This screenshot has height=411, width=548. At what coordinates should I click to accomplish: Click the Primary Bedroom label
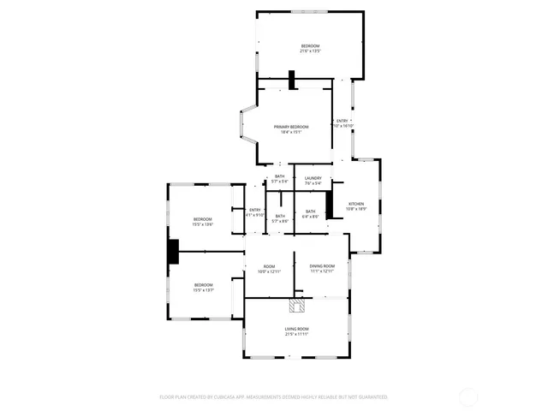291,127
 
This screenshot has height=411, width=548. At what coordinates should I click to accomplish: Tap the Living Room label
296,329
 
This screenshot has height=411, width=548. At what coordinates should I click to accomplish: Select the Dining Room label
322,266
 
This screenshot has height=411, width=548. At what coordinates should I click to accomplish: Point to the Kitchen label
355,204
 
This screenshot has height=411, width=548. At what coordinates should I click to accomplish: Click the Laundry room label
313,177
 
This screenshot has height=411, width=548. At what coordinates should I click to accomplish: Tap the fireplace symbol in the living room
297,305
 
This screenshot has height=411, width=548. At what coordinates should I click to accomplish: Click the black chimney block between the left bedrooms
172,251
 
